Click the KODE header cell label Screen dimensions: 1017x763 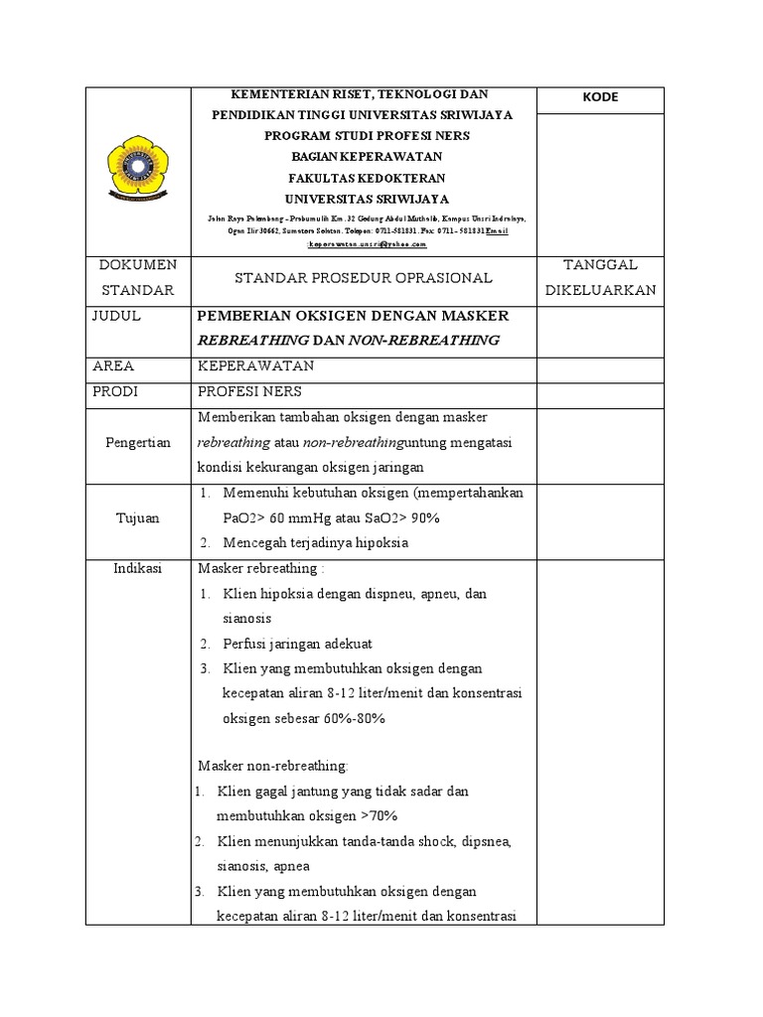[600, 97]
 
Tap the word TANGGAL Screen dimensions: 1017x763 [599, 264]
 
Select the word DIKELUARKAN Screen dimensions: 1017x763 [599, 290]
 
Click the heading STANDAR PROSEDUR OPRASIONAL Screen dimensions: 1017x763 [363, 278]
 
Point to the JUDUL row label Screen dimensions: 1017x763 [115, 316]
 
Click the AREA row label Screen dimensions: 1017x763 [112, 366]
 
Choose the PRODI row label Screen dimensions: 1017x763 [114, 391]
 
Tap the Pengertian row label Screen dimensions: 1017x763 [138, 442]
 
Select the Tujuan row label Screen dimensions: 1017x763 [138, 517]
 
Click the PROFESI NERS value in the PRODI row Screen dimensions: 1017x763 [249, 391]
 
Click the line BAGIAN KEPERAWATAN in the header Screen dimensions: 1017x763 [363, 156]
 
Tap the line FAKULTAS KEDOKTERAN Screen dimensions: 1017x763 [363, 177]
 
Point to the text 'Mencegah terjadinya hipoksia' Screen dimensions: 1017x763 [316, 543]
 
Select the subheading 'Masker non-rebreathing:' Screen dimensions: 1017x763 [273, 766]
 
